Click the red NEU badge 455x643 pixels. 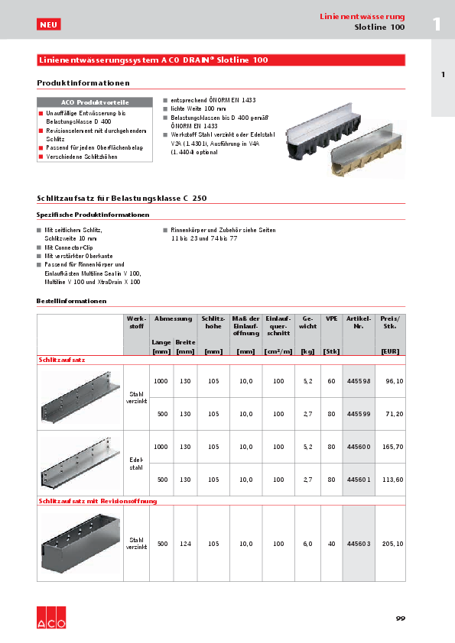click(x=48, y=25)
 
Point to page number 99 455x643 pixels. click(x=400, y=618)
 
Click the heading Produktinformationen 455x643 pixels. click(x=83, y=82)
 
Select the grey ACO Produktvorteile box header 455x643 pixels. click(x=95, y=102)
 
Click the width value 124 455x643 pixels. click(x=185, y=543)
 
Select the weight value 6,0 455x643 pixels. click(x=308, y=543)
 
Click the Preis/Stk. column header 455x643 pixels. click(x=391, y=321)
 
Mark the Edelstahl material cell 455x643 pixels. click(x=136, y=464)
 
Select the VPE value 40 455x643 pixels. click(x=332, y=543)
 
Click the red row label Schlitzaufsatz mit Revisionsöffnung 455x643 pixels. click(x=98, y=501)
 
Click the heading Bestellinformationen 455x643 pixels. click(x=71, y=301)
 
